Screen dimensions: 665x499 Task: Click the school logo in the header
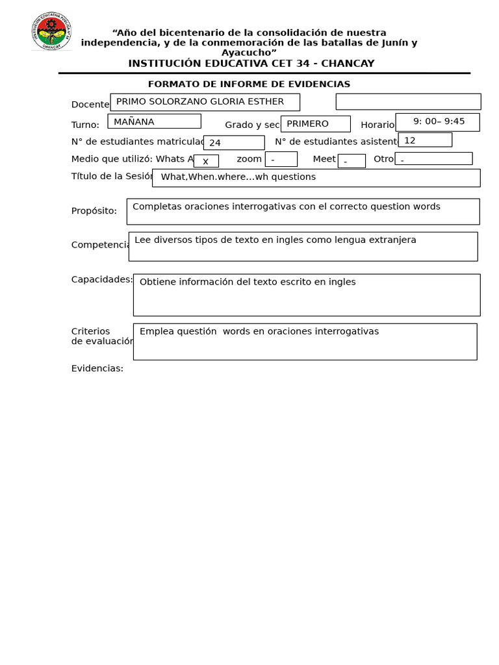(51, 31)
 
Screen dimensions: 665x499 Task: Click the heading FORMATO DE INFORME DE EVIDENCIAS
(249, 84)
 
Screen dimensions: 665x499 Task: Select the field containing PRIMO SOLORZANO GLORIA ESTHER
(205, 102)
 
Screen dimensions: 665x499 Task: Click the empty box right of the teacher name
(408, 102)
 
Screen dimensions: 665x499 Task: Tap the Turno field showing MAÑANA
(154, 121)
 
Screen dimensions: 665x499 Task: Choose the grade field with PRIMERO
(315, 124)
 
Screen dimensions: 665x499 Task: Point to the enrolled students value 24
(233, 143)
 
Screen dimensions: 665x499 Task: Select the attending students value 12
(425, 140)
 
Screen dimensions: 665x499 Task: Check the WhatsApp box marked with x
(206, 161)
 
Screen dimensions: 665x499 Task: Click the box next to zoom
(281, 159)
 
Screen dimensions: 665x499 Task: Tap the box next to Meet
(352, 161)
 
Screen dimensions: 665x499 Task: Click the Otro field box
(433, 159)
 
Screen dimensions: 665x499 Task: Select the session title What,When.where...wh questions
(316, 177)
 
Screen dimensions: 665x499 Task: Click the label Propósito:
(94, 210)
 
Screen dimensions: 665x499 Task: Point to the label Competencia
(101, 245)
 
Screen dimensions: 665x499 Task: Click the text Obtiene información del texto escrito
(248, 282)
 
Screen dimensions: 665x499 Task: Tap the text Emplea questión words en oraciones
(259, 331)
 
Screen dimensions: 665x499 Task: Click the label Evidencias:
(97, 368)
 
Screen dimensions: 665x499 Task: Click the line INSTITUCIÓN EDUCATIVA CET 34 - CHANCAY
(251, 63)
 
